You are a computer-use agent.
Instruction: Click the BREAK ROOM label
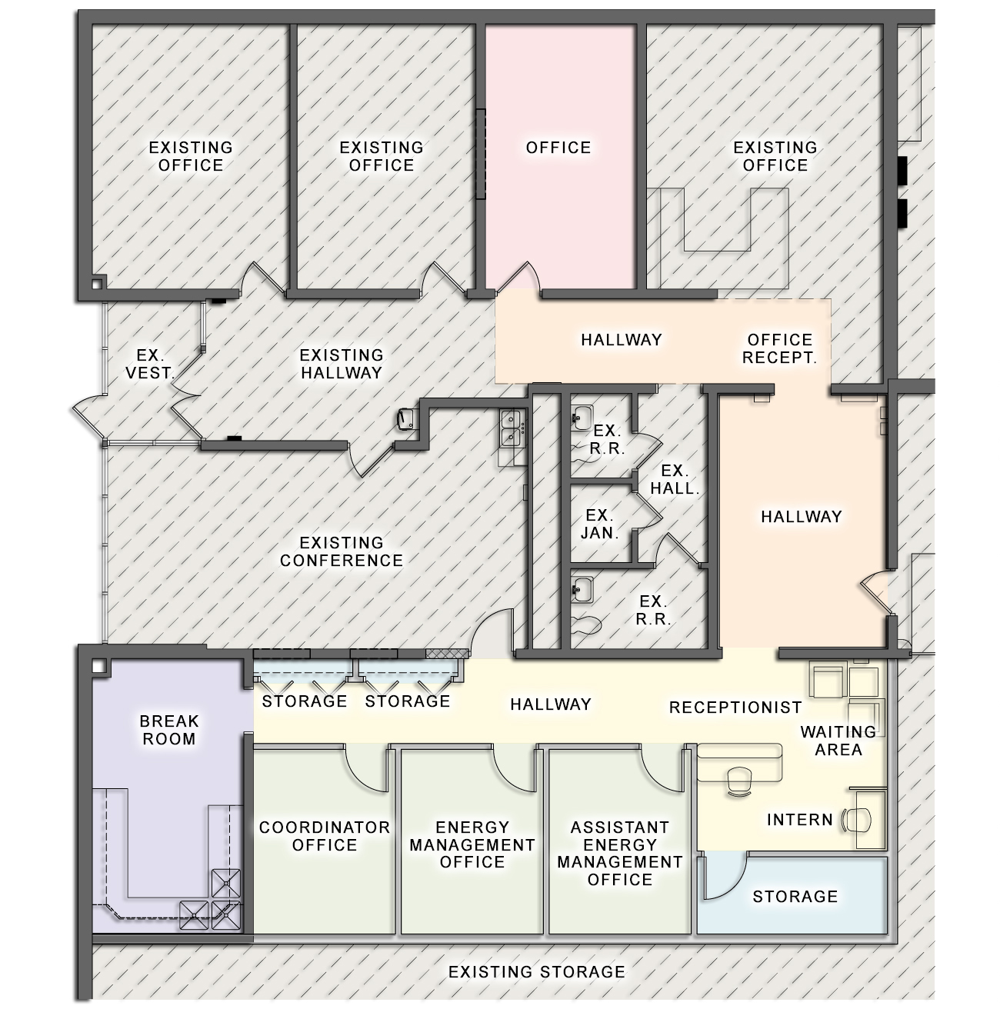(168, 730)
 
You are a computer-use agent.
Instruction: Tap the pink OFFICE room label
(558, 148)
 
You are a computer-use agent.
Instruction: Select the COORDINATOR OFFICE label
(325, 836)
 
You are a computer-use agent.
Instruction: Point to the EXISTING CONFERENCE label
(342, 551)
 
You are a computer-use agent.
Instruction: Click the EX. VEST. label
(150, 364)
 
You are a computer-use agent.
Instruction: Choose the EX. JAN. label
(600, 524)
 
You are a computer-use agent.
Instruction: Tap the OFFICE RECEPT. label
(779, 348)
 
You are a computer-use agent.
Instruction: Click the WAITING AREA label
(838, 741)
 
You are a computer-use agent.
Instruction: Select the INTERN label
(800, 820)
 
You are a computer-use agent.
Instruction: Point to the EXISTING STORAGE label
(537, 972)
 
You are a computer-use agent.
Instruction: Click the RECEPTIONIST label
(735, 708)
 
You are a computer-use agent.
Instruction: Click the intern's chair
(856, 820)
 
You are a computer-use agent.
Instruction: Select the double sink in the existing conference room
(512, 429)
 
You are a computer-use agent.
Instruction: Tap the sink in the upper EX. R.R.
(582, 418)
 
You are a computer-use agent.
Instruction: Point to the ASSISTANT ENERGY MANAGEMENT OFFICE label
(620, 853)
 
